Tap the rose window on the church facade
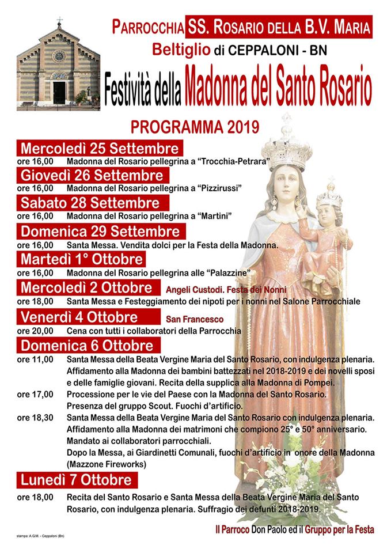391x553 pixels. click(59, 56)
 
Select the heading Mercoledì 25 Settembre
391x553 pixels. click(100, 147)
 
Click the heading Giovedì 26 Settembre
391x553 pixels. click(92, 175)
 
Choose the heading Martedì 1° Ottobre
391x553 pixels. click(82, 260)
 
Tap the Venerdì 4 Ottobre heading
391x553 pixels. click(79, 317)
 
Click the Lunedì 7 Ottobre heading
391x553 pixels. click(77, 479)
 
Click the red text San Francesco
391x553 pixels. click(195, 319)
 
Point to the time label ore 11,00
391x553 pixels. click(35, 359)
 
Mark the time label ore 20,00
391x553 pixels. click(35, 331)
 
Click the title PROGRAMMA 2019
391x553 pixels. click(195, 126)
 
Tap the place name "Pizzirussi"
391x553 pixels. click(218, 188)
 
